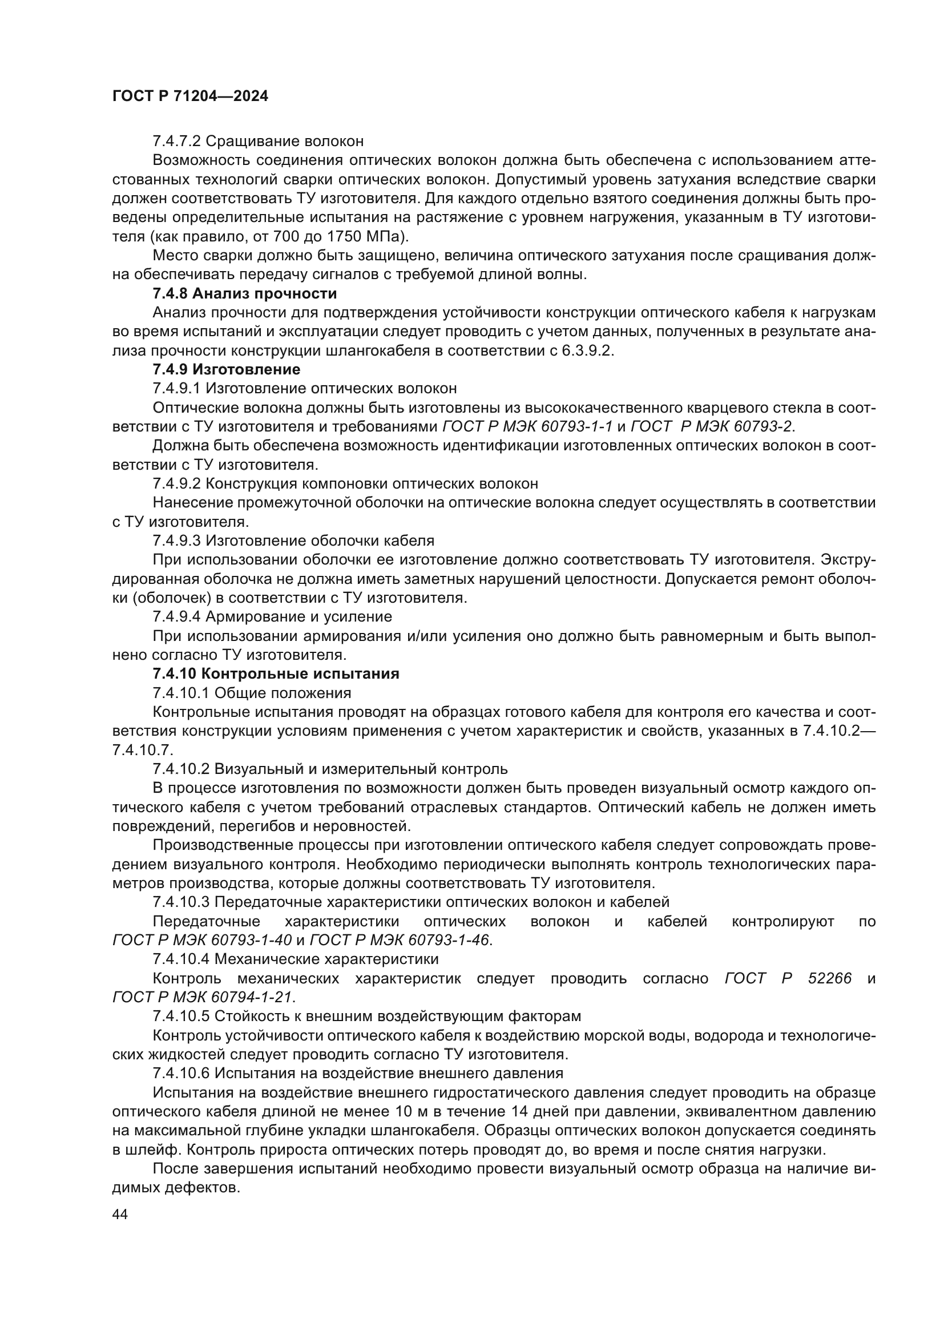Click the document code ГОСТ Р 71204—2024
(190, 96)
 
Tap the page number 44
(120, 1214)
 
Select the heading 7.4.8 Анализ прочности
(244, 293)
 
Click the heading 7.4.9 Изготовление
(226, 369)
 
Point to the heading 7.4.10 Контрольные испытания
(276, 674)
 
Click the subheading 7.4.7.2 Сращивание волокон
(258, 142)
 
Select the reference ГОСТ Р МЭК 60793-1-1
(527, 427)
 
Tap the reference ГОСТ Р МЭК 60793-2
(712, 427)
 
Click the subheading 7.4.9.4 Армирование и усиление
(272, 616)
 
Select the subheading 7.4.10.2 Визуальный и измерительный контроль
(329, 769)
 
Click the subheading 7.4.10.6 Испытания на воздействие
(357, 1074)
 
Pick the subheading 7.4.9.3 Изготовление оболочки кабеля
(293, 541)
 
